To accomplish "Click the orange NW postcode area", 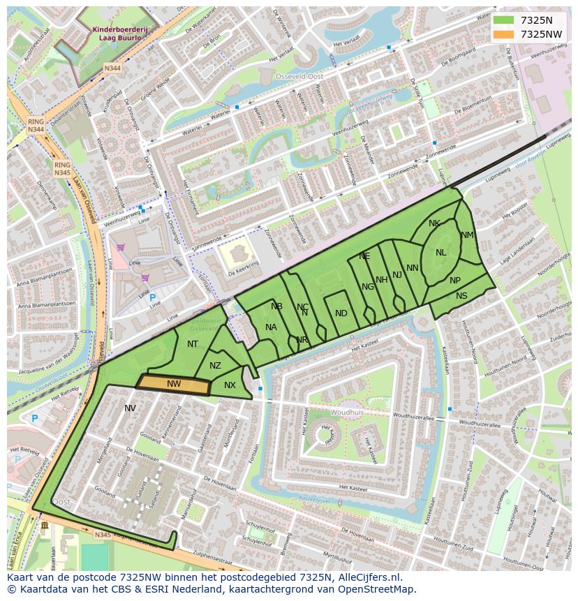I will pos(174,385).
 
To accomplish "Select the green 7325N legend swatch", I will pos(502,20).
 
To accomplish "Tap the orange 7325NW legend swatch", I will pos(502,34).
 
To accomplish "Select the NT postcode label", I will pos(193,343).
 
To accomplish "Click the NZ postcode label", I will pos(215,366).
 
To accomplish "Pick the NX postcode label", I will pos(230,385).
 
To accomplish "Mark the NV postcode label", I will pos(130,408).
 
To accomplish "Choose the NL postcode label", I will pos(440,253).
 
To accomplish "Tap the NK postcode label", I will pos(434,223).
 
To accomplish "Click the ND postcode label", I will pos(341,313).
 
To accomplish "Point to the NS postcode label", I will pos(461,296).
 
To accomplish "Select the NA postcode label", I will pos(271,327).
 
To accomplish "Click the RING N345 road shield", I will pos(62,168).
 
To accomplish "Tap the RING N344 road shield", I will pos(36,126).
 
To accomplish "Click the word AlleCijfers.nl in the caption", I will pos(369,577).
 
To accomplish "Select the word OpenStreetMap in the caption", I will pos(377,589).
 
